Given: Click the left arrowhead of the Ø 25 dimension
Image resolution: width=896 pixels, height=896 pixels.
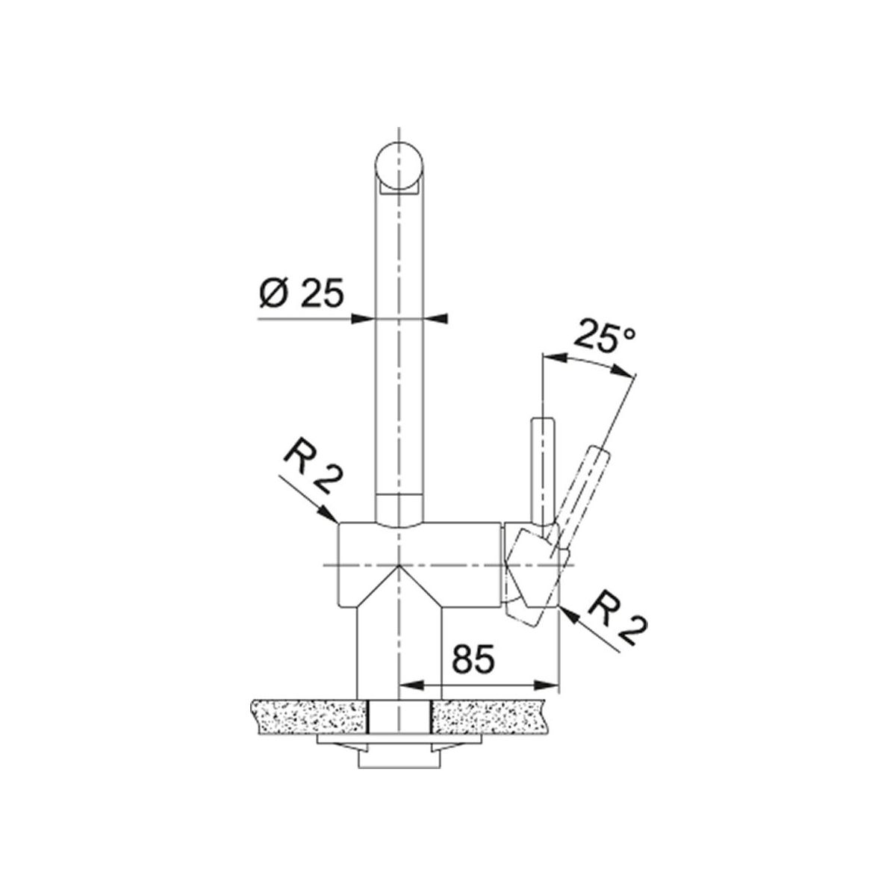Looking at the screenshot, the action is [x=363, y=319].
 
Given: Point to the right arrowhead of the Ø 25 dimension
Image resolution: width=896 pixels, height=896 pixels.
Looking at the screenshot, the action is [x=435, y=319].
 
